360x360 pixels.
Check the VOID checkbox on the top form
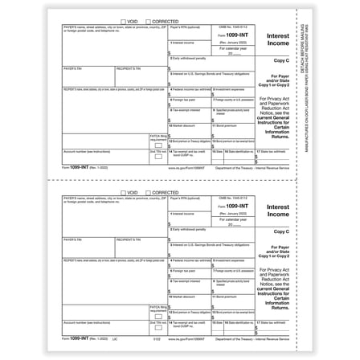pos(124,22)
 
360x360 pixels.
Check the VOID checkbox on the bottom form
pos(124,193)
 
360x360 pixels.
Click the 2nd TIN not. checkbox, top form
pos(158,157)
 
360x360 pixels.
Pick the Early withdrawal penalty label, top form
pos(188,59)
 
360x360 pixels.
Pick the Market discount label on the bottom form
pos(185,297)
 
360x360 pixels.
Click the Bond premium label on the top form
pos(224,125)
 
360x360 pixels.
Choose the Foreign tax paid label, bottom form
pos(184,270)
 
